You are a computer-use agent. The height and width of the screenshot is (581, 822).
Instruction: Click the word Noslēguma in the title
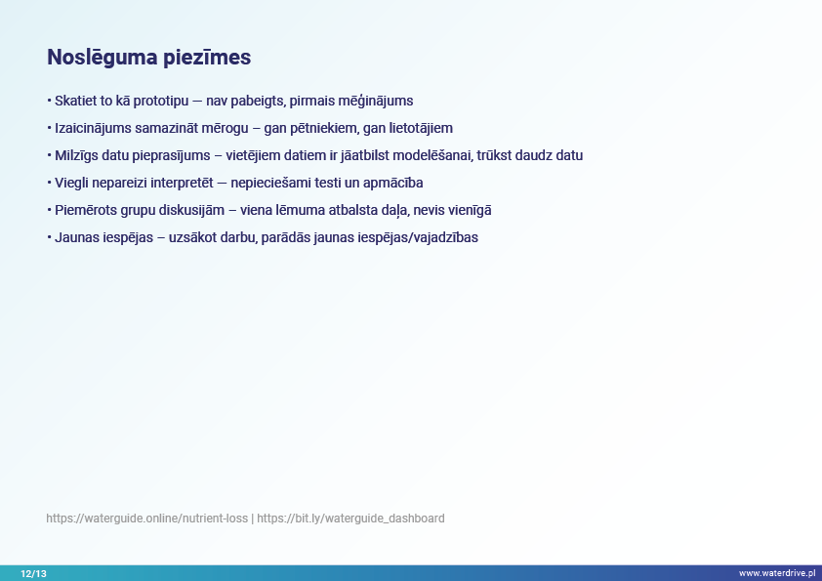[x=103, y=58]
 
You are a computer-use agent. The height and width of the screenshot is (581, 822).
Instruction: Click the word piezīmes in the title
[x=207, y=58]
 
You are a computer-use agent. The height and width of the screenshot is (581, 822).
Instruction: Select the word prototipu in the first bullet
[x=161, y=102]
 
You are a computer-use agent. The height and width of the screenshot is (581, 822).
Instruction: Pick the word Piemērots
[x=86, y=210]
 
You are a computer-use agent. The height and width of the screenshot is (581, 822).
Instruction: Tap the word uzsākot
[x=193, y=237]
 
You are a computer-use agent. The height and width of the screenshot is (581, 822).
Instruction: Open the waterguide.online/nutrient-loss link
[x=146, y=519]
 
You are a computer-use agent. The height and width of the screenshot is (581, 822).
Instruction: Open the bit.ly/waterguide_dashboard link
[x=350, y=519]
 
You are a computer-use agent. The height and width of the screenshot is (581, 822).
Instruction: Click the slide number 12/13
[x=33, y=573]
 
